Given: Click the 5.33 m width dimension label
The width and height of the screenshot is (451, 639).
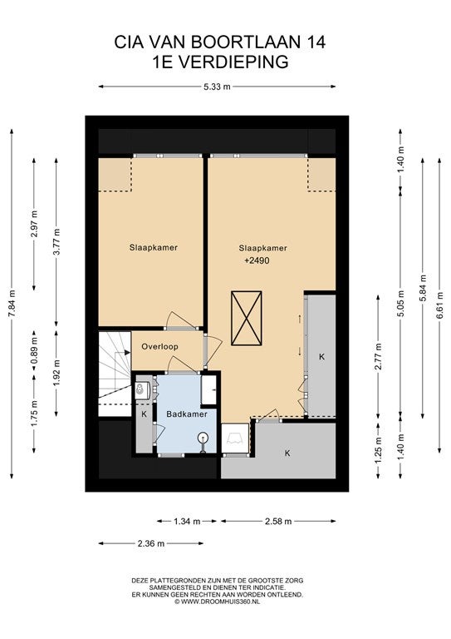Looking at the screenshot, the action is click(x=217, y=87).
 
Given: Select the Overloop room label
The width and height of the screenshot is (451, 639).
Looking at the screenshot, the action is click(x=159, y=347).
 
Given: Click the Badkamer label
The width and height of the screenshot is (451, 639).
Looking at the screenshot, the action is click(x=187, y=414).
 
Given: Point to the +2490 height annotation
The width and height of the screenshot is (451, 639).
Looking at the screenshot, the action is click(x=257, y=260).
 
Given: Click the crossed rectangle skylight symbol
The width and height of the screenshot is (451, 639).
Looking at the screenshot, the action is click(x=246, y=319).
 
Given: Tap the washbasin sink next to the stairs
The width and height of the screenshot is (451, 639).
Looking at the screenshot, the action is click(x=142, y=390).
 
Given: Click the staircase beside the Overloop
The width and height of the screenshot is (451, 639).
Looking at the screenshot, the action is click(x=115, y=374).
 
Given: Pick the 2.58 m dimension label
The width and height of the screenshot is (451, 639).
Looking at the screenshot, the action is click(x=278, y=521).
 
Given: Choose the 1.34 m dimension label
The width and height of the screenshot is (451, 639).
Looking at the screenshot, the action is click(x=187, y=521).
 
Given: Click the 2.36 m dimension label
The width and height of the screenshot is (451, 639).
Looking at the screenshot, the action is click(x=151, y=543).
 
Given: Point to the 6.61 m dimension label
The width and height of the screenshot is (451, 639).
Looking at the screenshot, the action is click(x=439, y=301).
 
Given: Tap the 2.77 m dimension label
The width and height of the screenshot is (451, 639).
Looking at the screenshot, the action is click(x=378, y=357).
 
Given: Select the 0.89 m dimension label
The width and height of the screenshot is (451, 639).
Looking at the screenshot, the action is click(x=34, y=350).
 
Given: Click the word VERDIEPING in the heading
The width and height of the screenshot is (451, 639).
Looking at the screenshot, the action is click(x=234, y=62).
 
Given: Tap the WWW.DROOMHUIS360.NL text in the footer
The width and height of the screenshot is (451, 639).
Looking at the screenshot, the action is click(x=220, y=601).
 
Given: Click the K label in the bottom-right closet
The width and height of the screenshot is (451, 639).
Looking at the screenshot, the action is click(x=287, y=453).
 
